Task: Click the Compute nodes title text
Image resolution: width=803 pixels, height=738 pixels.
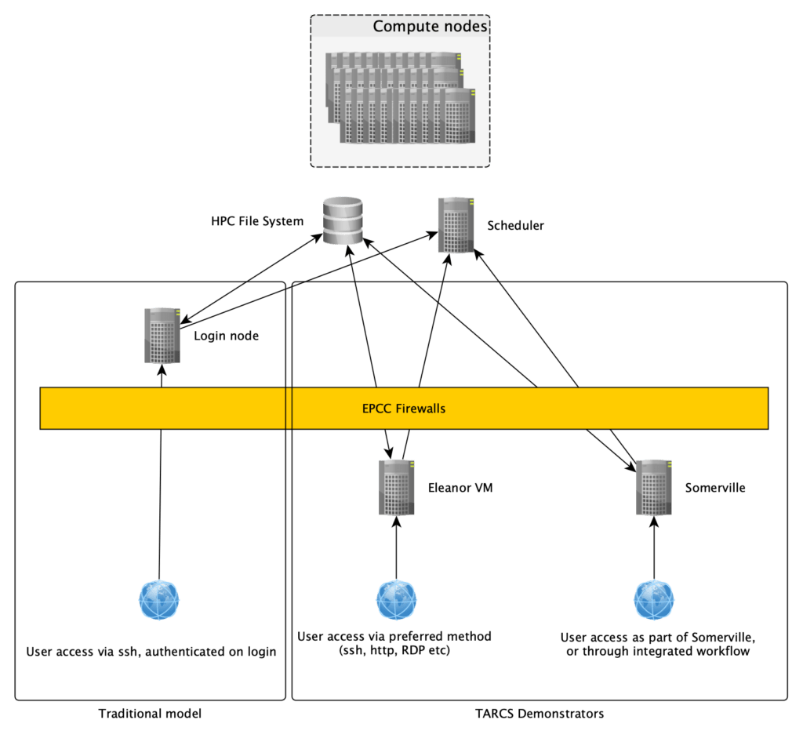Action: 430,27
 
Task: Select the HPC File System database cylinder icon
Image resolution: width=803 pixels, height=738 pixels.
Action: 343,220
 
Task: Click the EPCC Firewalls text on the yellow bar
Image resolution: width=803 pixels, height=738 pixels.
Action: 404,409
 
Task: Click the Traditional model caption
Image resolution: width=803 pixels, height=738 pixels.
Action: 150,714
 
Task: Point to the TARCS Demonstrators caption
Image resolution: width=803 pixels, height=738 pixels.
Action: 540,714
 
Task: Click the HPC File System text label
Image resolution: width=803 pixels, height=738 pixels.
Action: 257,222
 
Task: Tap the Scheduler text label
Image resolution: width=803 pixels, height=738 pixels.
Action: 515,226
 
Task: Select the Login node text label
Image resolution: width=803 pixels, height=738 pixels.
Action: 226,336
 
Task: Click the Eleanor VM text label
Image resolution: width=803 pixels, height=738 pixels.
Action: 460,488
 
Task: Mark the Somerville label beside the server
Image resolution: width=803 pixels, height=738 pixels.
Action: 714,488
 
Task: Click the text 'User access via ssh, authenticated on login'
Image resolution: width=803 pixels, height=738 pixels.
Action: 151,652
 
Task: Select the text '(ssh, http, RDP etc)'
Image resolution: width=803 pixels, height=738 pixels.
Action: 394,650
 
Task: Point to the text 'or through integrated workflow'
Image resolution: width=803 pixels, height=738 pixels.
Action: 658,651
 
